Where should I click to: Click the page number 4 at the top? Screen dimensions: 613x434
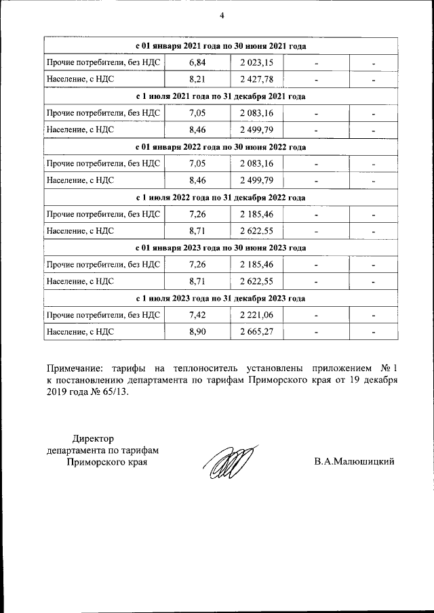click(x=221, y=16)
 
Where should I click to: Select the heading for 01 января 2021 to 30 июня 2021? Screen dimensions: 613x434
click(x=221, y=46)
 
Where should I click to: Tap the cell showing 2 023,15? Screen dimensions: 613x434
click(x=256, y=63)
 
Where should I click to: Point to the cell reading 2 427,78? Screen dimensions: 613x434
click(x=256, y=80)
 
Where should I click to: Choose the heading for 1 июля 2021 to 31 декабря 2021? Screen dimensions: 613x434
click(x=221, y=96)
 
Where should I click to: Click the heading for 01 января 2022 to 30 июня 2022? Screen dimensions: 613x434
click(x=221, y=147)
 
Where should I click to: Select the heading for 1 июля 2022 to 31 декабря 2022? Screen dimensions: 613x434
click(x=221, y=197)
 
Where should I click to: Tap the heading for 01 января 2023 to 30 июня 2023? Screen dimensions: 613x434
click(x=221, y=248)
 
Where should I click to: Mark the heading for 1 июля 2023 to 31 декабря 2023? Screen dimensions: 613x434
click(x=221, y=298)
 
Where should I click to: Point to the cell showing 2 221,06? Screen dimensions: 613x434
click(x=256, y=315)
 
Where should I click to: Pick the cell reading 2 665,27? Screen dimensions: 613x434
click(x=256, y=332)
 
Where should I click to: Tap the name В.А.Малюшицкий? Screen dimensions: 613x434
click(x=354, y=462)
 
